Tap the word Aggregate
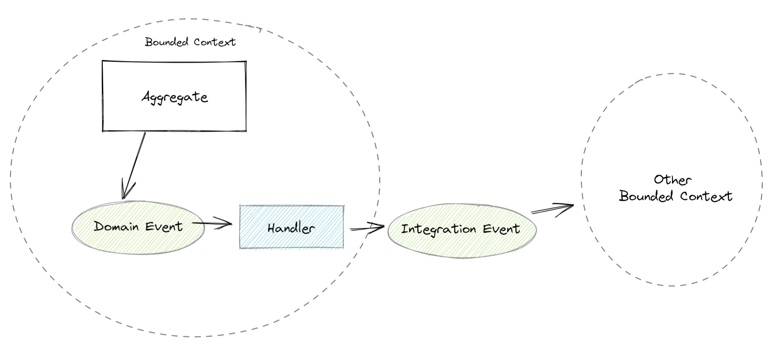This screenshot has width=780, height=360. (x=174, y=97)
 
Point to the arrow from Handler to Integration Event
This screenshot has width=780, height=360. (x=366, y=229)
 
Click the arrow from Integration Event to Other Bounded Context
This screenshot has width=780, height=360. (x=550, y=210)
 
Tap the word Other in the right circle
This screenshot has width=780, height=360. (x=672, y=180)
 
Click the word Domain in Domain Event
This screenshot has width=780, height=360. (x=116, y=226)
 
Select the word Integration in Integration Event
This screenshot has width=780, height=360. (x=438, y=229)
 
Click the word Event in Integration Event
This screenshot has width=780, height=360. (x=501, y=229)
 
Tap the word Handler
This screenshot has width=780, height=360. (x=291, y=228)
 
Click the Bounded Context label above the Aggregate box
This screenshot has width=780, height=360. (x=190, y=42)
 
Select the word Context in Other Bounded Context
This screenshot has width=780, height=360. (x=706, y=196)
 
